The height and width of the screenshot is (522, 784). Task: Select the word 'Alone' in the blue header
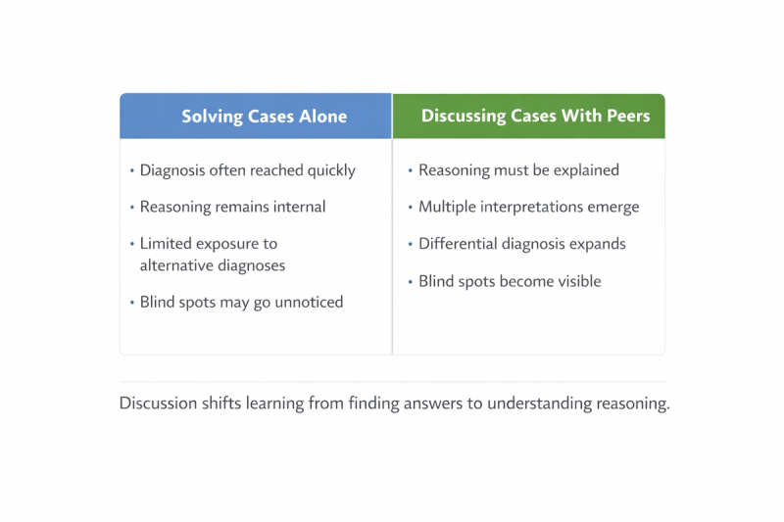[x=323, y=117]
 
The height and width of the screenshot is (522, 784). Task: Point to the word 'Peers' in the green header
[x=628, y=116]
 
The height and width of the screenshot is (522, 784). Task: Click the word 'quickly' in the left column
[x=331, y=170]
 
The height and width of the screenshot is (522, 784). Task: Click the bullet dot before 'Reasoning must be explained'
[x=410, y=170]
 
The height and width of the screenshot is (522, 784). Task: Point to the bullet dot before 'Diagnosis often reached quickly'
[x=132, y=170]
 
